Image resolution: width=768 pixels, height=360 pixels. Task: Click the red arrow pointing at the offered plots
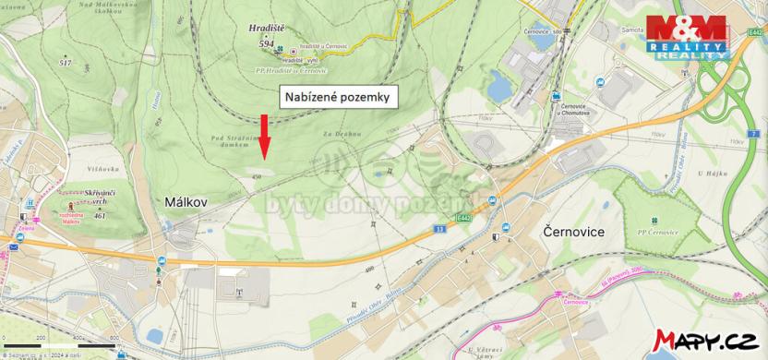[264, 135]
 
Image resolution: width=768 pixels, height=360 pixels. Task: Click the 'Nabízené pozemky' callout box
[339, 96]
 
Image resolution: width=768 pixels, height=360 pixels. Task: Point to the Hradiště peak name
[268, 30]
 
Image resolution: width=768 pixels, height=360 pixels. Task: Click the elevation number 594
[267, 42]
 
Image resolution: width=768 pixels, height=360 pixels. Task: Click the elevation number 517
[65, 62]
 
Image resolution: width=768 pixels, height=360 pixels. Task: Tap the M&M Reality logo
[687, 36]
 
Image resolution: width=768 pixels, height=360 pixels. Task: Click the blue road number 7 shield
[753, 134]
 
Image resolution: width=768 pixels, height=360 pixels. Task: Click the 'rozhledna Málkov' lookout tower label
[71, 220]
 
